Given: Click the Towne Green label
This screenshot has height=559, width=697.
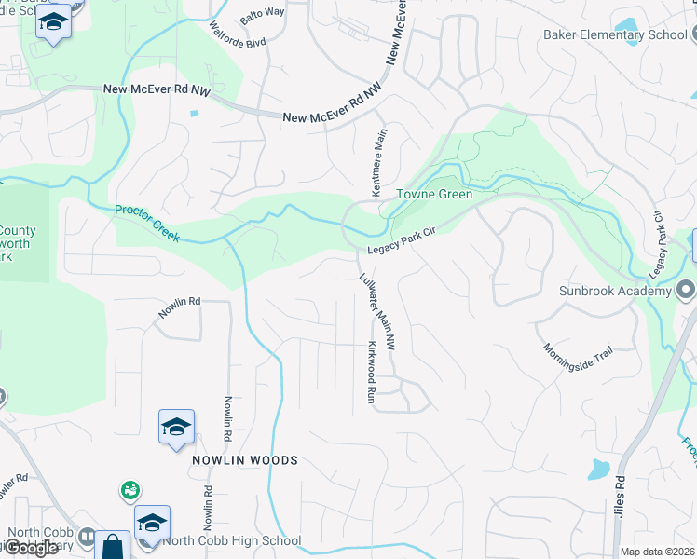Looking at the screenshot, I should pos(434,195).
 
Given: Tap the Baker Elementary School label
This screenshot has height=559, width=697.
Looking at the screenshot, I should pos(615,35).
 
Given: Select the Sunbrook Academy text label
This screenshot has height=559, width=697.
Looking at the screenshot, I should pos(615,292).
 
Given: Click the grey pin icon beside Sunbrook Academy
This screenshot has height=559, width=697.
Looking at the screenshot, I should pos(685,291).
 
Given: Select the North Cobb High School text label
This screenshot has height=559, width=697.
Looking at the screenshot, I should pos(232,540).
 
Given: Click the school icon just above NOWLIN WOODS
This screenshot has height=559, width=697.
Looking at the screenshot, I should pos(176,427).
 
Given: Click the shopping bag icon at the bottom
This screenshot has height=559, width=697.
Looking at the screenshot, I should pos(114,546).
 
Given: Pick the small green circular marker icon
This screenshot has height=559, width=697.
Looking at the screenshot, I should pos(130,489).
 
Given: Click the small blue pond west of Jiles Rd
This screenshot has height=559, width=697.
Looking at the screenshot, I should pos(598,469).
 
